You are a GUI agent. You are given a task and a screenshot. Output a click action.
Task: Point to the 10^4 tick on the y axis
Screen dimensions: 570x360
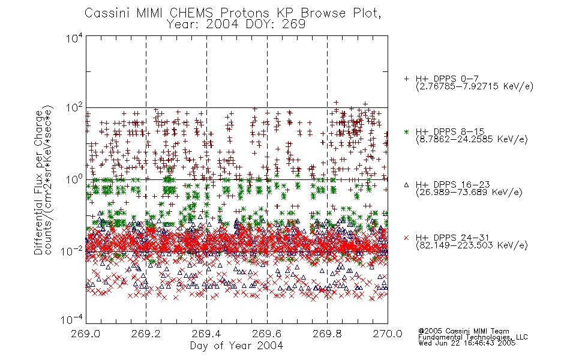tap(75, 38)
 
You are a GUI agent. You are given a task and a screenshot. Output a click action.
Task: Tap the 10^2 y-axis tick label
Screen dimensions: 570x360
tap(75, 108)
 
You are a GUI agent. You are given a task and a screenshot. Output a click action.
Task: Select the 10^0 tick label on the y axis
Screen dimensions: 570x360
tap(75, 180)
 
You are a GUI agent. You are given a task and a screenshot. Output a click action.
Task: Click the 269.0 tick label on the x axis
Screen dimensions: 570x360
tap(86, 334)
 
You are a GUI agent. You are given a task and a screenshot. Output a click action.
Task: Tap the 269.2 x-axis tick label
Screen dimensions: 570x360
tap(146, 334)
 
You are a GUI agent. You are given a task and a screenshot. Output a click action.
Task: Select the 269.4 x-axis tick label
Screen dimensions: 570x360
tap(207, 334)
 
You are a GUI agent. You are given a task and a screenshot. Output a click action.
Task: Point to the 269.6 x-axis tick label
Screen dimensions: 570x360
tap(267, 334)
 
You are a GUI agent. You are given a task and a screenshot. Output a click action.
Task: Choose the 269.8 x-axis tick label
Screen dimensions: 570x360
tap(328, 334)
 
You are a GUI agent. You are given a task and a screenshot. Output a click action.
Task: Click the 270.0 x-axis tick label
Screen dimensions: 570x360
tap(388, 334)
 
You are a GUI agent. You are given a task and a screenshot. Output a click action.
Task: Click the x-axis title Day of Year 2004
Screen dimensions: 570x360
tap(236, 346)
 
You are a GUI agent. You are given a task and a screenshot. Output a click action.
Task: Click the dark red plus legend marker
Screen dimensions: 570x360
tap(407, 79)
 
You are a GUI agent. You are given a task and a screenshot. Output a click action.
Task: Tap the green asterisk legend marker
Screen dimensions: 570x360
tap(407, 131)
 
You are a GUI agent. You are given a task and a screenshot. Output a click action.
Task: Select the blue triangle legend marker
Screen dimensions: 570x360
tap(407, 185)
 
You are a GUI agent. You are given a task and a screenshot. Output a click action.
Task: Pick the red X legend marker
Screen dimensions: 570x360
tap(407, 238)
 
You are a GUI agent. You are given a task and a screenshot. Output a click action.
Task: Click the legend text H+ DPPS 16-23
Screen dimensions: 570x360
tap(452, 184)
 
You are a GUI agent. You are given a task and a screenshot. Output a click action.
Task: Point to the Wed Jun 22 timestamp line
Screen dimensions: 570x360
tap(467, 343)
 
